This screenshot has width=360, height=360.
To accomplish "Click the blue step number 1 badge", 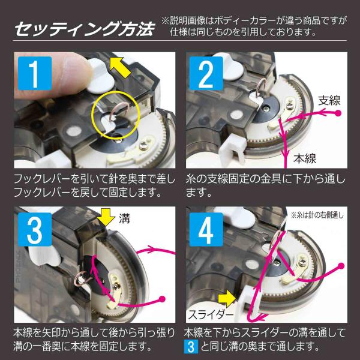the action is pos(35,73).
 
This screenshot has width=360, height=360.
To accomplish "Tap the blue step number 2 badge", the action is pos(206,73).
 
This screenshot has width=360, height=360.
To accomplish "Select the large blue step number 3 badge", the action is pos(35,229).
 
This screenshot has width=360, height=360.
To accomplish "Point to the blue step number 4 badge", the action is pos(206,229).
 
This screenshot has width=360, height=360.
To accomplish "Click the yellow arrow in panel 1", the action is pos(120,67).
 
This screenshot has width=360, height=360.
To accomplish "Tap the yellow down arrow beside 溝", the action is pos(106,217).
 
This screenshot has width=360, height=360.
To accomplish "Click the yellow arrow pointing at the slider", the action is pos(227,298).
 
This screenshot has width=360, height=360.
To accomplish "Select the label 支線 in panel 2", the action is pos(329,100).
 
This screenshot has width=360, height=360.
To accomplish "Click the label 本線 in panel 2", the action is pos(305,158).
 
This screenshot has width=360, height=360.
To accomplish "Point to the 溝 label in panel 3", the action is pos(124,218).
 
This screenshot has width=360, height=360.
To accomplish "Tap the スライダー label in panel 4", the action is pos(211,314).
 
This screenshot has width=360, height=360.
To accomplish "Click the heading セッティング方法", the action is pos(84,29).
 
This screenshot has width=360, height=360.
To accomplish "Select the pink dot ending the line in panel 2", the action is pos(338,113).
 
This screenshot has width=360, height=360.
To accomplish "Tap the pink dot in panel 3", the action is pos(162,299).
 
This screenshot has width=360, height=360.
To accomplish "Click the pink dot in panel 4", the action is pos(341,266).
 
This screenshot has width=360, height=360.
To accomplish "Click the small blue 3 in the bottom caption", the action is pos(191,347).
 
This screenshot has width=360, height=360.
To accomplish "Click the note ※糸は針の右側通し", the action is pos(317,215).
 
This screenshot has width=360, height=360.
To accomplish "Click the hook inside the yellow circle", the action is pos(119,111).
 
